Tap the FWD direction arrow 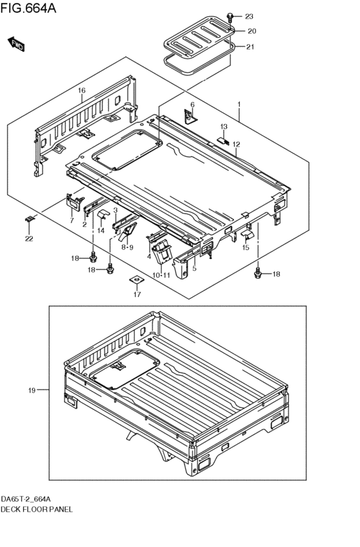tap(17, 44)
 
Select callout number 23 tap(249, 16)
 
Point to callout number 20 tap(251, 31)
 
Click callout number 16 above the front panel tap(82, 91)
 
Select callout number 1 tap(239, 104)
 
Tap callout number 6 tap(192, 105)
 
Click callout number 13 tap(224, 127)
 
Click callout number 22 tap(29, 239)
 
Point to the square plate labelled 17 tap(137, 280)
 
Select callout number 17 tap(137, 295)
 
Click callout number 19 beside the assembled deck tap(31, 390)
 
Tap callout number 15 tap(246, 248)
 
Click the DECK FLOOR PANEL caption tap(37, 508)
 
